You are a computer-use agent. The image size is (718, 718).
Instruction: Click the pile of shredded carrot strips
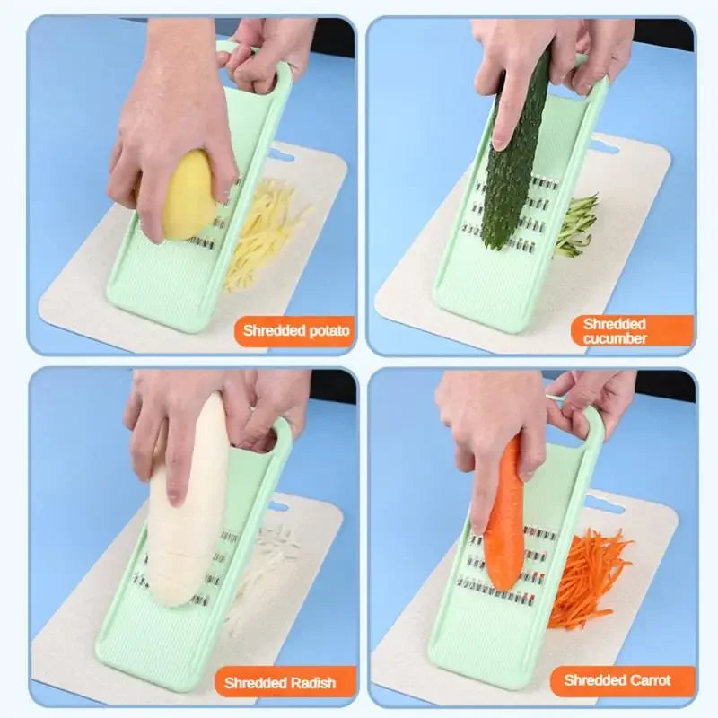point(588,574)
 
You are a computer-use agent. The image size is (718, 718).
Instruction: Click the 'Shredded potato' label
point(296,331)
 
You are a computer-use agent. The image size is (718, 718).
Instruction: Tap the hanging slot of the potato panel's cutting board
point(280,155)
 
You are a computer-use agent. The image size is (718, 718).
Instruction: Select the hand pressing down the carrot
point(489,431)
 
